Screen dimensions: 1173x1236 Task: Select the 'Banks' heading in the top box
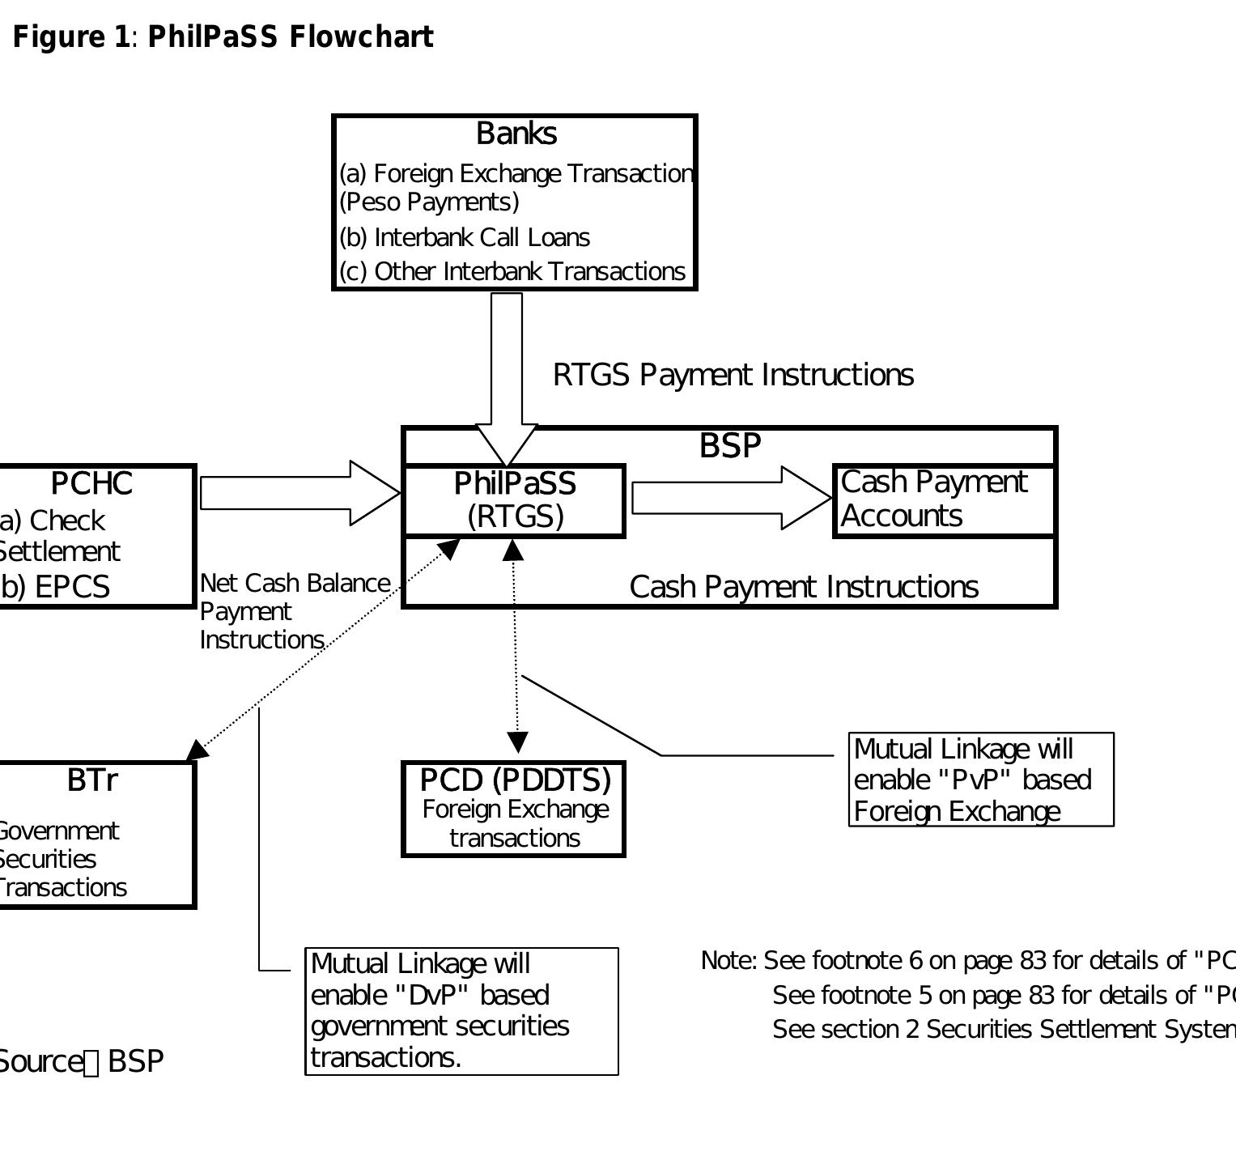(516, 134)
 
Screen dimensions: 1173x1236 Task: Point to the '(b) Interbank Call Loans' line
(465, 237)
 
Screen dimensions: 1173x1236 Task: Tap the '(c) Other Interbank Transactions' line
(512, 271)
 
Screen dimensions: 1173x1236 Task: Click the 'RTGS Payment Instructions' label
(733, 375)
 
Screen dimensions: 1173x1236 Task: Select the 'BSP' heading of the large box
(729, 446)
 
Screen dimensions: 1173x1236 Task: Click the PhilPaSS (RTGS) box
(514, 500)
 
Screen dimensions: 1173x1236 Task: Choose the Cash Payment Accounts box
(944, 499)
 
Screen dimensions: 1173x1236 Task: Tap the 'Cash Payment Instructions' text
(803, 587)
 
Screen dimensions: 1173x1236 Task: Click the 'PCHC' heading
(91, 483)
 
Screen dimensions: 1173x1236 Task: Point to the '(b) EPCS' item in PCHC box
(55, 587)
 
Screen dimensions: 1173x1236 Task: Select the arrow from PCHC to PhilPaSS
(299, 493)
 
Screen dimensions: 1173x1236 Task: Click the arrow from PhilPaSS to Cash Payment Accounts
(730, 498)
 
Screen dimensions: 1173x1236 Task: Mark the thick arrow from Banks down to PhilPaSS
(507, 372)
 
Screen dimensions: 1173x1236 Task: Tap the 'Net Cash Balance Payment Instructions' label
(294, 611)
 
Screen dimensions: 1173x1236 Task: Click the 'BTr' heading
(91, 780)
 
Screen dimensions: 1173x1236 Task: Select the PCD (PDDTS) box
(514, 808)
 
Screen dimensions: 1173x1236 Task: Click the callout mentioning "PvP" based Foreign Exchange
(980, 780)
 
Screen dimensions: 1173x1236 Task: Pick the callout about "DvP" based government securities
(461, 1011)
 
